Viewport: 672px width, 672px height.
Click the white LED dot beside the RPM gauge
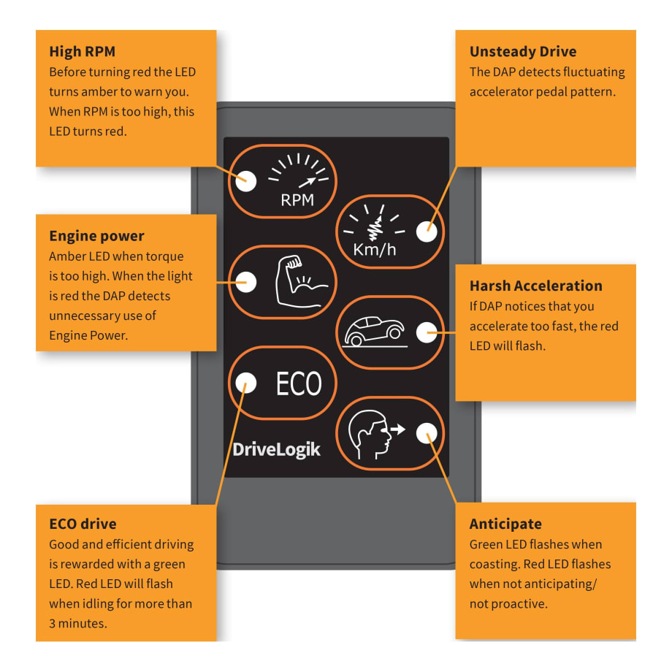[x=247, y=180]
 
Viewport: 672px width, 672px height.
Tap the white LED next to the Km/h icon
[x=426, y=232]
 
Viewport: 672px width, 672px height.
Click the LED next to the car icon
[x=426, y=332]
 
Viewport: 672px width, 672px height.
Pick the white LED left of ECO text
[x=247, y=382]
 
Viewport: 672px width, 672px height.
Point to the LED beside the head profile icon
[x=426, y=433]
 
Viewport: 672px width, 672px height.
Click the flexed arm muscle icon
[x=300, y=282]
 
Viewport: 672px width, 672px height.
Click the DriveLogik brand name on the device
[x=276, y=448]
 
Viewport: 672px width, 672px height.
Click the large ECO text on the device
[x=299, y=383]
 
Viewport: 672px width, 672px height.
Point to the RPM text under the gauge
[x=297, y=200]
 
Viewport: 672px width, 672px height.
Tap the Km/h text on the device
[x=375, y=250]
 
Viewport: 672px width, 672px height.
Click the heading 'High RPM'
[x=82, y=52]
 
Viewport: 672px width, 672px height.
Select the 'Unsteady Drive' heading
[x=522, y=52]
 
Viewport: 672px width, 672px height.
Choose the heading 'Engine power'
[x=96, y=236]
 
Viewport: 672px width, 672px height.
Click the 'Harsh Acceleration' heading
[x=535, y=286]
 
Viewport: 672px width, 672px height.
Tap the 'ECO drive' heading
[x=83, y=524]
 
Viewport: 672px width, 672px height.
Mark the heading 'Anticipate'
[x=505, y=524]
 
